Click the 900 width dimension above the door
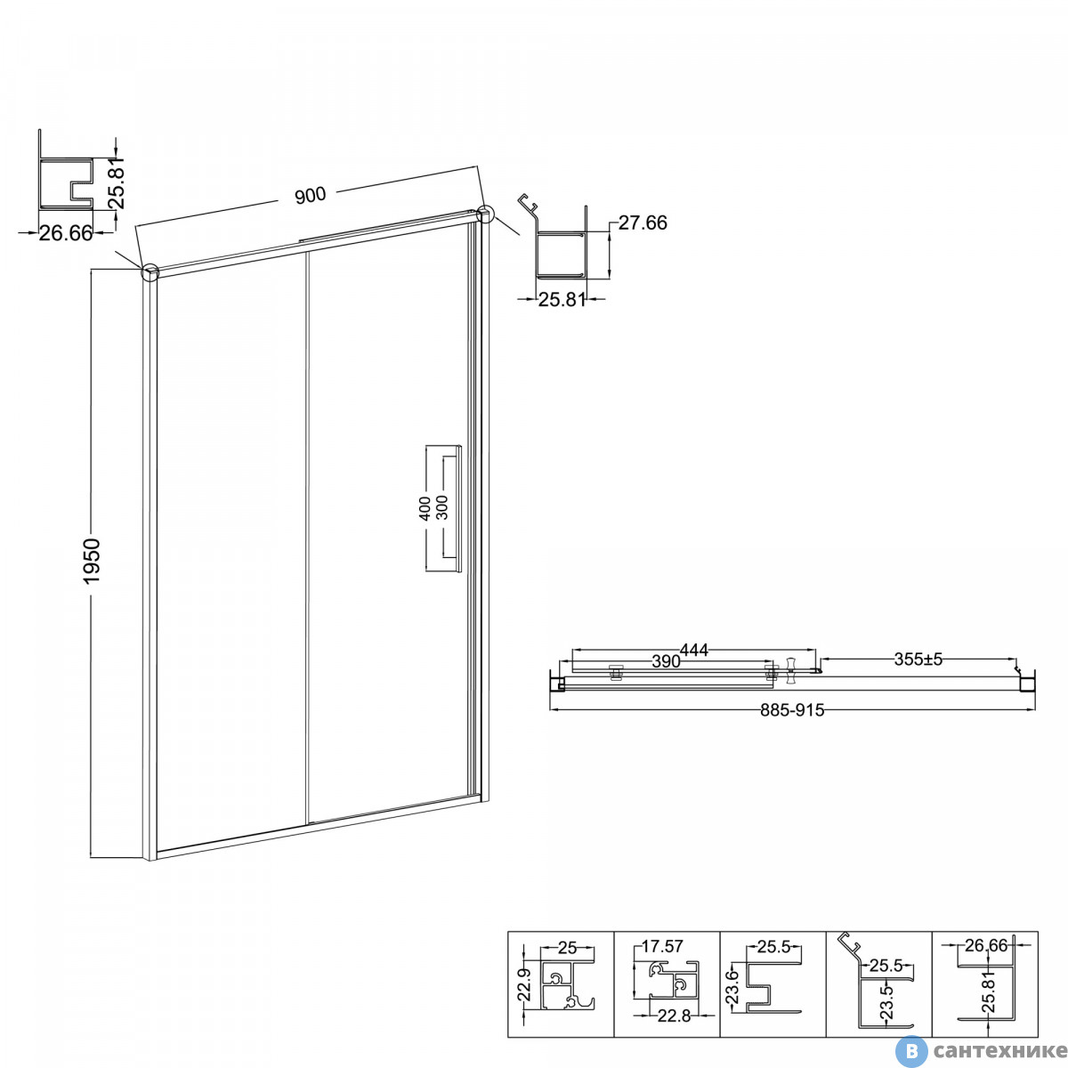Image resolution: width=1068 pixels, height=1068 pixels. point(311,195)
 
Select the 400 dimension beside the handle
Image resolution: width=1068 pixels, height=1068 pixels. point(425,508)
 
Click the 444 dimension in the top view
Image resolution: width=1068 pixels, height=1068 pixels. point(694,650)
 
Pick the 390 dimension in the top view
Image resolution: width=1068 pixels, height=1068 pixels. point(666,661)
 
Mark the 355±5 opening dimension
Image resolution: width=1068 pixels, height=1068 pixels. point(918,659)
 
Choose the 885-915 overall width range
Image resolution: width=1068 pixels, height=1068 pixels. point(793,710)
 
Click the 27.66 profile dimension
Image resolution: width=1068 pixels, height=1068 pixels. point(643,222)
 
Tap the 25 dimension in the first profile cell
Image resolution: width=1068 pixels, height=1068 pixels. point(568,948)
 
